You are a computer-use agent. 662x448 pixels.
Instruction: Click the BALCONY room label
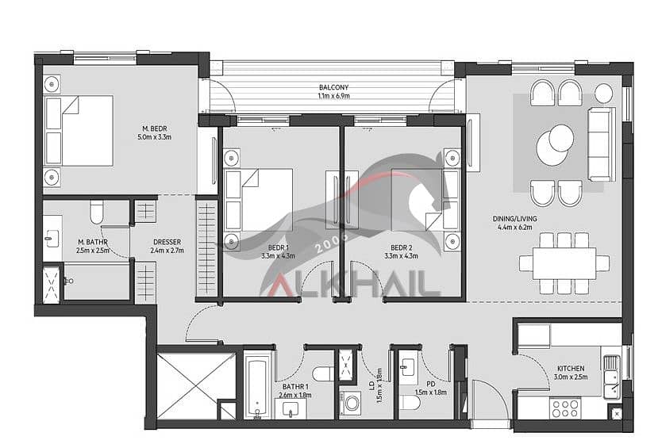(333, 87)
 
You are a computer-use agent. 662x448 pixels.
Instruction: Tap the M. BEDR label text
(155, 128)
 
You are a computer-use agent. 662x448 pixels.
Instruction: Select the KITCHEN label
(571, 368)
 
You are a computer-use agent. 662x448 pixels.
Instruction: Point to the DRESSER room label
(167, 242)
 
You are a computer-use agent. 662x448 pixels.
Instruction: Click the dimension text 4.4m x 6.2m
(514, 227)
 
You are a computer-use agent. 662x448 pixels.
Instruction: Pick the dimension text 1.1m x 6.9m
(333, 96)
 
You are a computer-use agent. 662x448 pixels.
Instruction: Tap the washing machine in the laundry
(350, 403)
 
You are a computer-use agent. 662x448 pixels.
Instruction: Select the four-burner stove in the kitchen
(565, 408)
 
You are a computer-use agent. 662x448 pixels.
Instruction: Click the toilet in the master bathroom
(97, 212)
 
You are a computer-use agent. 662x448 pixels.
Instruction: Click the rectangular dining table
(564, 263)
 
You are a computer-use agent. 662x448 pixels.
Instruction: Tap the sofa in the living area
(602, 144)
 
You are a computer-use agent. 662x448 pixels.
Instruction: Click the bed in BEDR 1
(259, 200)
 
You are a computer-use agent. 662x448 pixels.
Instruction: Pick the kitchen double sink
(611, 377)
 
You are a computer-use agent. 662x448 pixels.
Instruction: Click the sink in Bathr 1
(291, 409)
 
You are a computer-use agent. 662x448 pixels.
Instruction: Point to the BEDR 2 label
(401, 247)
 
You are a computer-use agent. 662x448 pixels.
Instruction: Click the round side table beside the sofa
(604, 94)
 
